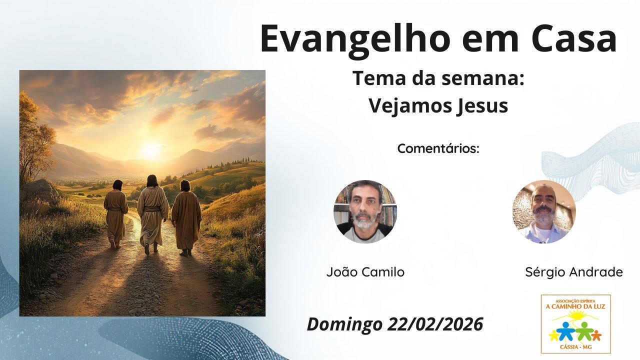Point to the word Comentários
(x=438, y=148)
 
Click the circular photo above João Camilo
(x=365, y=211)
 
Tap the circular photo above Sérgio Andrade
(x=544, y=211)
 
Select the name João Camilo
(x=365, y=272)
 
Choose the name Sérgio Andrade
(x=574, y=272)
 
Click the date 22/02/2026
(x=435, y=324)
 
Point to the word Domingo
(x=344, y=324)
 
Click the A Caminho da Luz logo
(x=575, y=323)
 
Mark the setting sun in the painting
(x=150, y=149)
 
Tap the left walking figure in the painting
(x=116, y=212)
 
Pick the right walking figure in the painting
(x=186, y=216)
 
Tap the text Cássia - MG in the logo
(x=575, y=348)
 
